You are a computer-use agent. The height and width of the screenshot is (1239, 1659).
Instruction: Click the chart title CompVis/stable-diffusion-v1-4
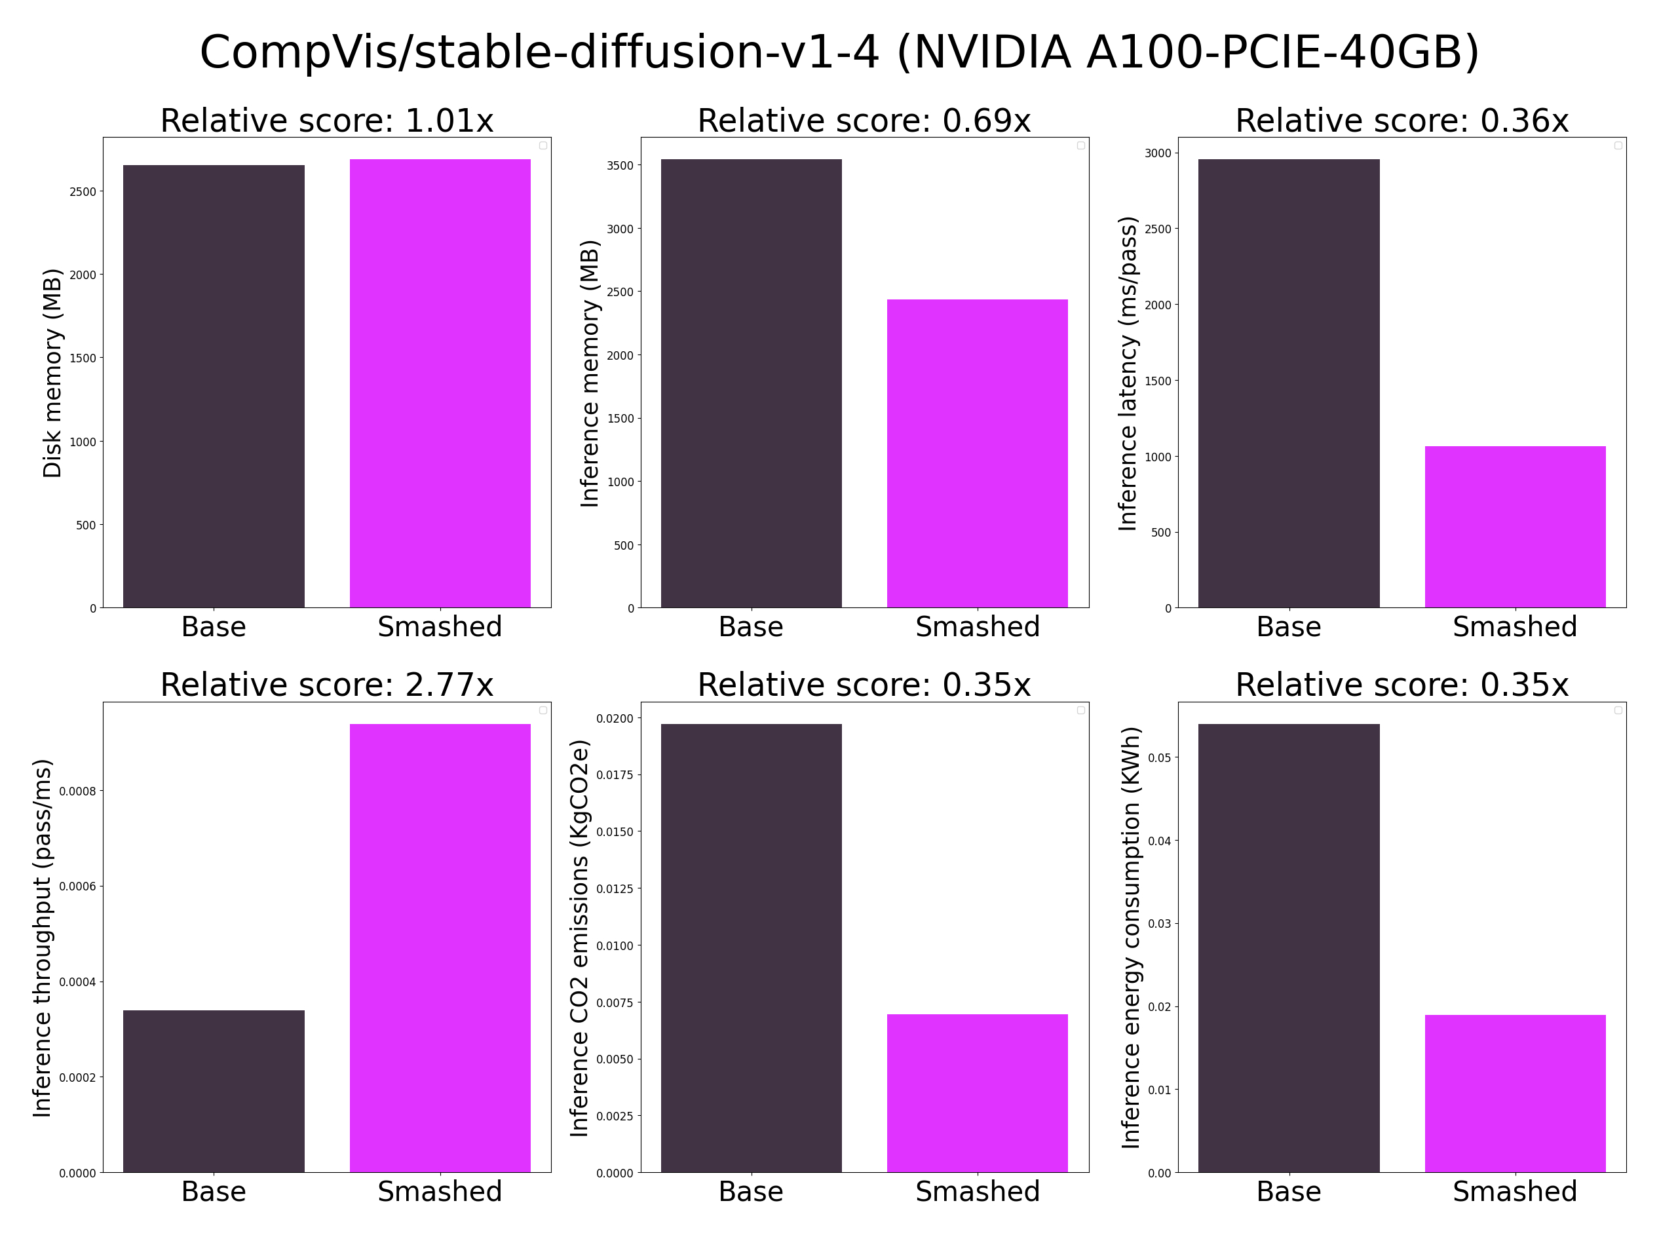(839, 52)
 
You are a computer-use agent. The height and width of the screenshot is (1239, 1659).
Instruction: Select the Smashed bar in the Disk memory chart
(440, 383)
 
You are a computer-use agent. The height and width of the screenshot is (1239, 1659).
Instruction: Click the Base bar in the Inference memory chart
(751, 383)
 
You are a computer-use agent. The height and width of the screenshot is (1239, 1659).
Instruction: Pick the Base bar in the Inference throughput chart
(214, 1091)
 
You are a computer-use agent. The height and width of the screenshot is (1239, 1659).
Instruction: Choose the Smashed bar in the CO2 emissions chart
(976, 1093)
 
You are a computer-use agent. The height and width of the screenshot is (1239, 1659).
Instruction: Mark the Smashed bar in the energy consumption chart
(1514, 1094)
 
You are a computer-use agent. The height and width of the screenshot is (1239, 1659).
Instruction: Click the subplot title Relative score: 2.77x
(327, 685)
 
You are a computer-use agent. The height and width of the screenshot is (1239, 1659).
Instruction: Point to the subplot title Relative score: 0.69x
(864, 121)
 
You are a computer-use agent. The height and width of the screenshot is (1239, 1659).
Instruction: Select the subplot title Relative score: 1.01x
(327, 121)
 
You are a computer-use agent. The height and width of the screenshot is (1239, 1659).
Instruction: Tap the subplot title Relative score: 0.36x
(1402, 121)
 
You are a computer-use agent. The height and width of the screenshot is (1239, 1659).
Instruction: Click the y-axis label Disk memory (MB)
(52, 373)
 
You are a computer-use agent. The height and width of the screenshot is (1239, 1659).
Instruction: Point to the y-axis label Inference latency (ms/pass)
(1128, 373)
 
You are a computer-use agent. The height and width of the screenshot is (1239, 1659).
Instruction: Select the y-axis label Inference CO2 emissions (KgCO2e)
(579, 938)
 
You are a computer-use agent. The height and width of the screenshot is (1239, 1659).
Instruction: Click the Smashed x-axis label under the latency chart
(1514, 627)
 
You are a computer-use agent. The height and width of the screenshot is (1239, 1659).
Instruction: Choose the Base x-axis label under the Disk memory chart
(214, 627)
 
